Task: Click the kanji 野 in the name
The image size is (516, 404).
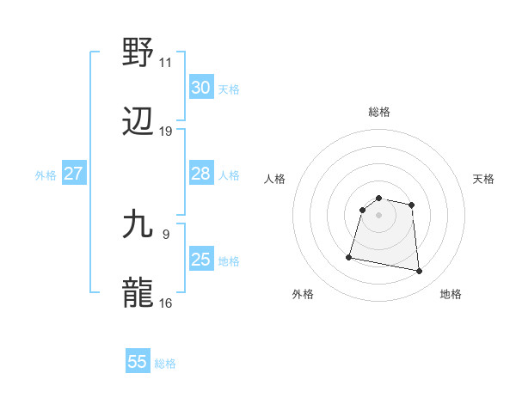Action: (139, 53)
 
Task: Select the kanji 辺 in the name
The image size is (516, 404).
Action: (139, 122)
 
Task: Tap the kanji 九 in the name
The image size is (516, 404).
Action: (139, 224)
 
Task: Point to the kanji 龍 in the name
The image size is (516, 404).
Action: (139, 293)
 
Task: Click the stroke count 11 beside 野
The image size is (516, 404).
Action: (165, 63)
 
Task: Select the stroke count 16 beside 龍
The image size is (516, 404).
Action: (165, 303)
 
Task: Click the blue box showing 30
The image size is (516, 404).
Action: (201, 88)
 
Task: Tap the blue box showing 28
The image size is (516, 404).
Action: (201, 174)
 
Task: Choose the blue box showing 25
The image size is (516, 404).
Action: (201, 260)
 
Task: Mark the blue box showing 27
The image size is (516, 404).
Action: (74, 174)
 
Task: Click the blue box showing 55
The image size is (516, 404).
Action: (138, 362)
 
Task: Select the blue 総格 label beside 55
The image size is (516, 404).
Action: (165, 364)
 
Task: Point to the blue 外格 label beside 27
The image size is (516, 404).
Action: (46, 175)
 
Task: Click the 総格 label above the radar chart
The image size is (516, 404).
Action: (379, 112)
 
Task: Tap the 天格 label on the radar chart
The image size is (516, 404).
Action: (483, 179)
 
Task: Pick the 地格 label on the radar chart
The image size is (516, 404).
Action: (451, 294)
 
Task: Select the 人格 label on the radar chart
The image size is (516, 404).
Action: (274, 179)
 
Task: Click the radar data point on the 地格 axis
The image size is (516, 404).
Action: (419, 272)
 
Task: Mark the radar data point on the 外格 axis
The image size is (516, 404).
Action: (349, 256)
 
